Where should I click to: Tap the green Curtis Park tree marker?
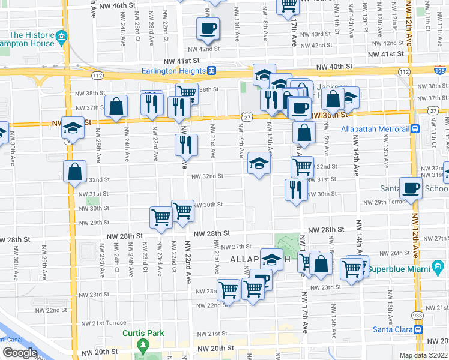(143, 346)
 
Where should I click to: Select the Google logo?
(19, 353)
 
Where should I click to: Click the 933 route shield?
(417, 314)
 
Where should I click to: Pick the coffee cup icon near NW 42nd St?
(208, 28)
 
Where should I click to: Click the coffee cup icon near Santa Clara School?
(411, 188)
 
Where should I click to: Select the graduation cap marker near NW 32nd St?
(259, 164)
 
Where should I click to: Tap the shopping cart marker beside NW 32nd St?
(302, 166)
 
